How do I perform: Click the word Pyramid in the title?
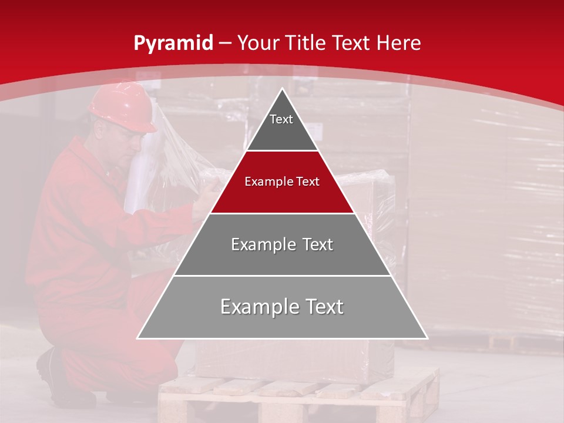click(x=173, y=43)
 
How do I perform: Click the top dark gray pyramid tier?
click(x=282, y=126)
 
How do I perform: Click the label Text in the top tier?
click(x=281, y=119)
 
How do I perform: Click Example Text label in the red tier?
click(x=282, y=182)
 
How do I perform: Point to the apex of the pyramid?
click(x=283, y=89)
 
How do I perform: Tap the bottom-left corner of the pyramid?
click(x=137, y=338)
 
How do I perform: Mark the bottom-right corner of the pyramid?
click(x=427, y=338)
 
